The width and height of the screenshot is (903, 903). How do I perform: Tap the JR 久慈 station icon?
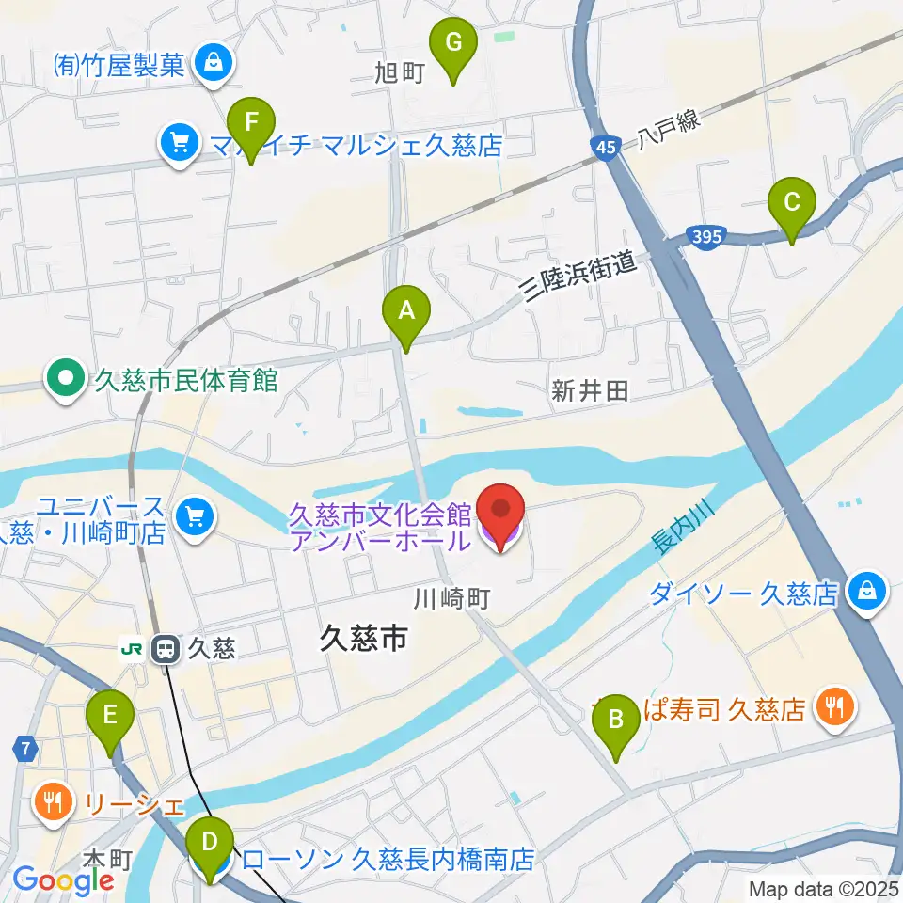pos(166,647)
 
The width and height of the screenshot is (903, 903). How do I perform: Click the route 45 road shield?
pos(606,146)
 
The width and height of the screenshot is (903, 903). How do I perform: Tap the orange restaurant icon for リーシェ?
pos(50,801)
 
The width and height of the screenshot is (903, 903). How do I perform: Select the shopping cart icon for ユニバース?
pos(195,516)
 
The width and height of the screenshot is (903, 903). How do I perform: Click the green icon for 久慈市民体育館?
pos(66,380)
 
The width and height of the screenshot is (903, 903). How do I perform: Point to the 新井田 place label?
pos(589,391)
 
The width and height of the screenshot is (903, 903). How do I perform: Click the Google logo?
pos(64,879)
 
